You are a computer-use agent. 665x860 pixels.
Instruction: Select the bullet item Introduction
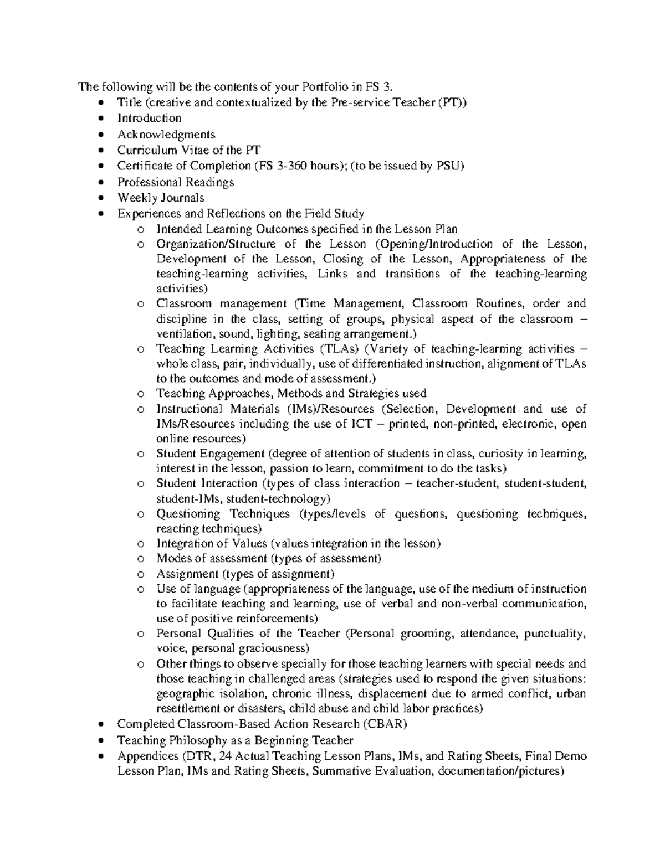[149, 118]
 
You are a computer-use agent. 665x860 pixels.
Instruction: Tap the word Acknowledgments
[166, 134]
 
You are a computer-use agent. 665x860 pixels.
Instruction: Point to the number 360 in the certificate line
[294, 166]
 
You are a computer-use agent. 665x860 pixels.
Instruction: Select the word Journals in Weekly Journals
[182, 198]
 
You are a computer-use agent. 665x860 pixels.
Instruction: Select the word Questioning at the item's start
[188, 514]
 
